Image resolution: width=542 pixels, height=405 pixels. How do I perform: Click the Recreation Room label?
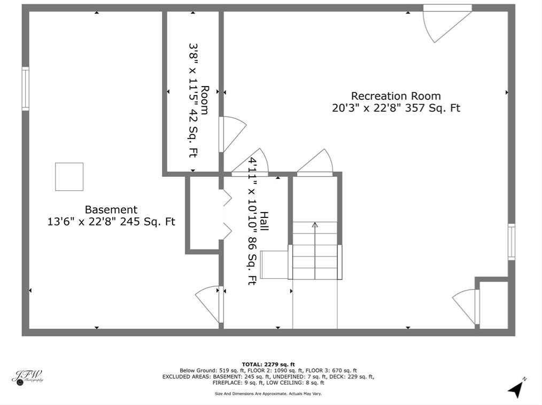click(396, 96)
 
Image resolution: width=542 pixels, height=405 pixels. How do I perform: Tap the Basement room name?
click(111, 210)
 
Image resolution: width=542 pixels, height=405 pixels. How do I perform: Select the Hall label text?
click(264, 222)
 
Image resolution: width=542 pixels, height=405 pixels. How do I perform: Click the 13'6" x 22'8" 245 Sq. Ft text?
click(111, 222)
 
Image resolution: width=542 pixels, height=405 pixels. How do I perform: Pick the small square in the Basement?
click(69, 176)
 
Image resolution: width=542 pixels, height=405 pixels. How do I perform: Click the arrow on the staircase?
click(315, 251)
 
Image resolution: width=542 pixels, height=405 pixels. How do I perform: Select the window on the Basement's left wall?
click(26, 89)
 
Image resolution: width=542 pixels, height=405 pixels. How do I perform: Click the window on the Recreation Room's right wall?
click(512, 242)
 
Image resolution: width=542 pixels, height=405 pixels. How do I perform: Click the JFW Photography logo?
click(28, 377)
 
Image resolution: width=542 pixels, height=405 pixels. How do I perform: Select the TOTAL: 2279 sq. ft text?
click(268, 364)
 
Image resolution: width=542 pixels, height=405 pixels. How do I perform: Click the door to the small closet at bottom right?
click(465, 307)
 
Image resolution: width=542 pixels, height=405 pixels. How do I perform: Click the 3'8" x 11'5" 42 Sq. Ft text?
click(193, 100)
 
